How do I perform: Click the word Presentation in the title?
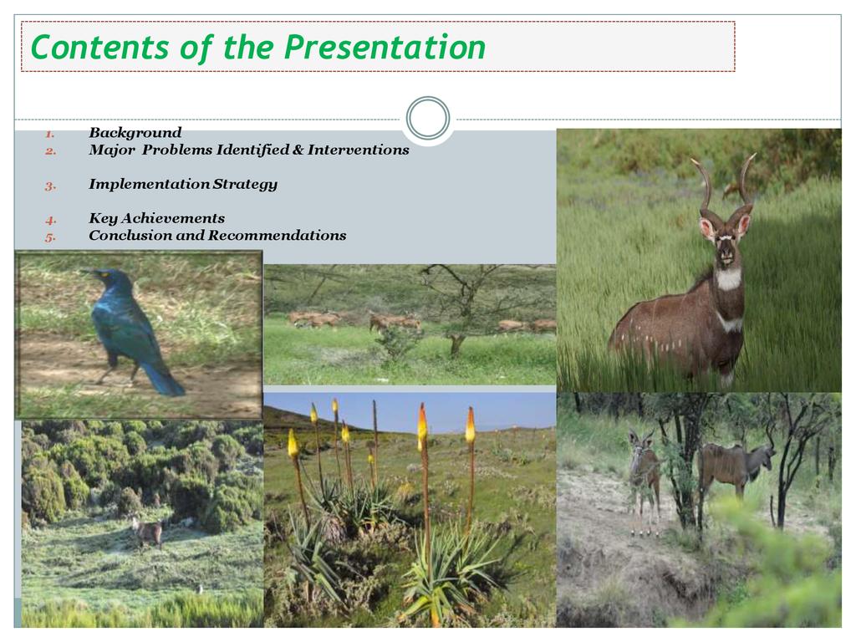pyautogui.click(x=385, y=47)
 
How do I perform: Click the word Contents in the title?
pyautogui.click(x=99, y=47)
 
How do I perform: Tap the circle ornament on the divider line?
pyautogui.click(x=428, y=119)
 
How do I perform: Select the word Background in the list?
pyautogui.click(x=135, y=133)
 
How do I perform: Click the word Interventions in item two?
pyautogui.click(x=358, y=150)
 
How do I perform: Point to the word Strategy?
pyautogui.click(x=245, y=185)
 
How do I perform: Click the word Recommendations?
pyautogui.click(x=278, y=235)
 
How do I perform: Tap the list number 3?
pyautogui.click(x=50, y=186)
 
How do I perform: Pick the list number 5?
pyautogui.click(x=50, y=237)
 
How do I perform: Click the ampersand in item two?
pyautogui.click(x=298, y=150)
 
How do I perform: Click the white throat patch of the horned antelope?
pyautogui.click(x=728, y=278)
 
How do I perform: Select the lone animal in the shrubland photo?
pyautogui.click(x=147, y=531)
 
